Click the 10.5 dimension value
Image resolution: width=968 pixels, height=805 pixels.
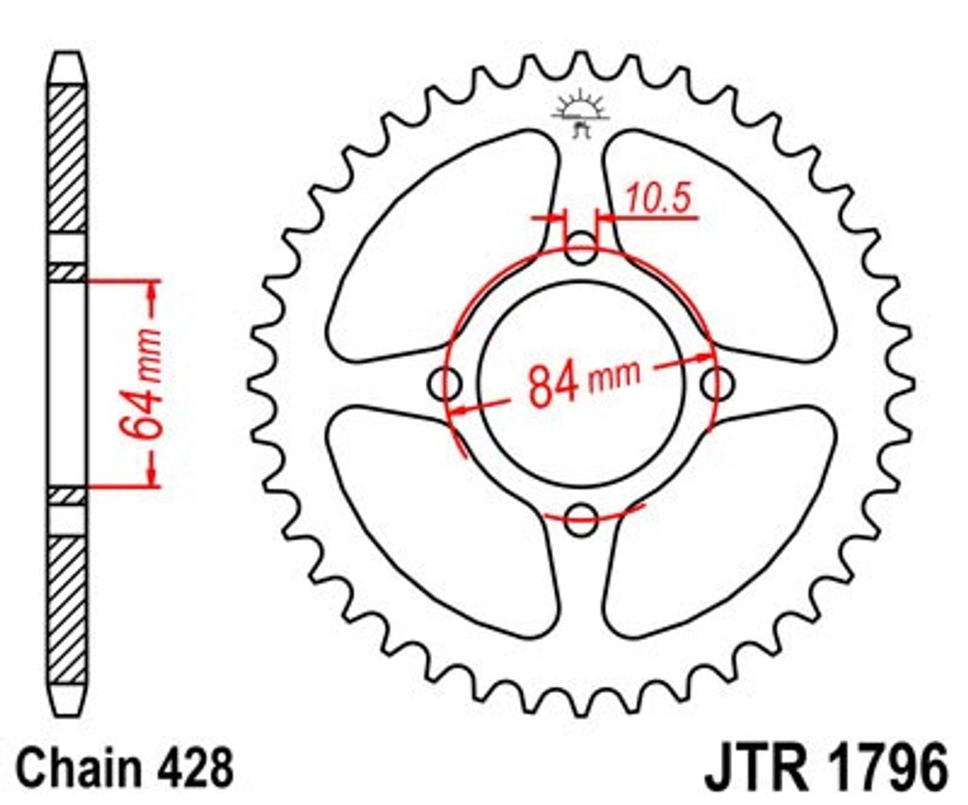(x=658, y=198)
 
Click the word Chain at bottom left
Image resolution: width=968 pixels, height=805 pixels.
(x=78, y=768)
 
